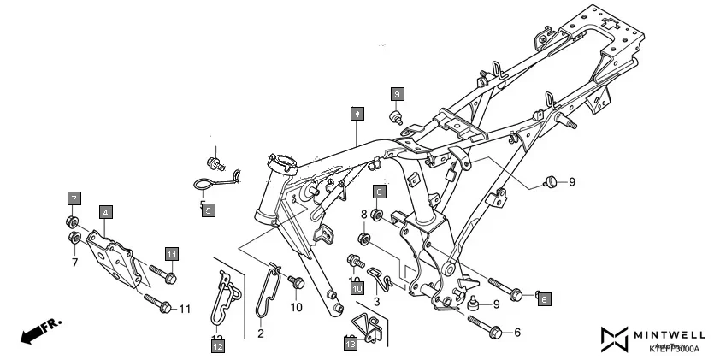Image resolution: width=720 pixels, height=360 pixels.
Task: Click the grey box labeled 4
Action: point(105,211)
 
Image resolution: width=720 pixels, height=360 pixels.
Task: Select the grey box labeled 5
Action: point(208,209)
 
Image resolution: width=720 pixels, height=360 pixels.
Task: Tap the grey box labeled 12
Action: point(218,345)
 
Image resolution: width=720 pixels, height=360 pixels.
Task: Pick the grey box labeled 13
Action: point(351,344)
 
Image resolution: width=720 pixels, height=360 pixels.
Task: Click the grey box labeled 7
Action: point(74,199)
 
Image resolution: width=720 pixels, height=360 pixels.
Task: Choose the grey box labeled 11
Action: point(172,255)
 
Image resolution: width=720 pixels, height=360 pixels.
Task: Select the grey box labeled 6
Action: point(543,300)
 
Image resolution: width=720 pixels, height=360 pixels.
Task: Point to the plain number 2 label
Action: point(261,333)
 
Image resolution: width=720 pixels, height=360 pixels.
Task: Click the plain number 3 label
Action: point(375,300)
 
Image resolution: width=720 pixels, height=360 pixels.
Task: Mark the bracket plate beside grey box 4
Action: point(111,257)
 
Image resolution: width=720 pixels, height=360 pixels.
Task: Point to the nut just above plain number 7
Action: point(74,238)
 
